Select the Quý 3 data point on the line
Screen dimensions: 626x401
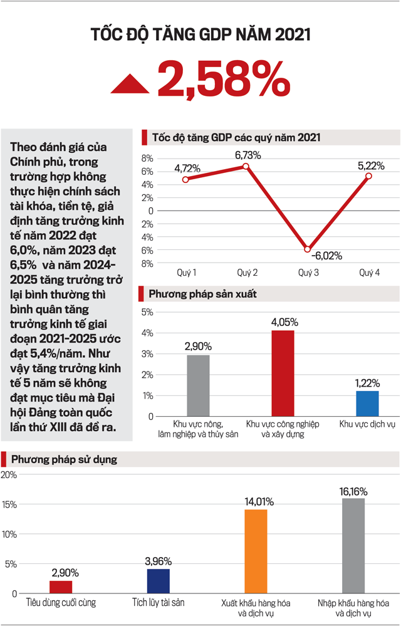(x=307, y=249)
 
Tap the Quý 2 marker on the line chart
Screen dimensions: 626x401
(x=246, y=166)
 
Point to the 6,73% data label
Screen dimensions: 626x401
(x=247, y=154)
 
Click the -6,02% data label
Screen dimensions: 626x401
(x=324, y=256)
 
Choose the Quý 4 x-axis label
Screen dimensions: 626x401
(x=368, y=273)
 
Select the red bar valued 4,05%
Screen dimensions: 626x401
(x=283, y=373)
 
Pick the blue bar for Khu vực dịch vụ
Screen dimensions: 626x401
(x=367, y=404)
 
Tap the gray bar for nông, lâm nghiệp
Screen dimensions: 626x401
(x=198, y=385)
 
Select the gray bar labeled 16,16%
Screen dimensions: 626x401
(x=353, y=546)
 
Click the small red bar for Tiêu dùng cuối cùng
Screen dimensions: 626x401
(x=61, y=587)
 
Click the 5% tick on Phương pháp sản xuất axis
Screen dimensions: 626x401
(x=147, y=312)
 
